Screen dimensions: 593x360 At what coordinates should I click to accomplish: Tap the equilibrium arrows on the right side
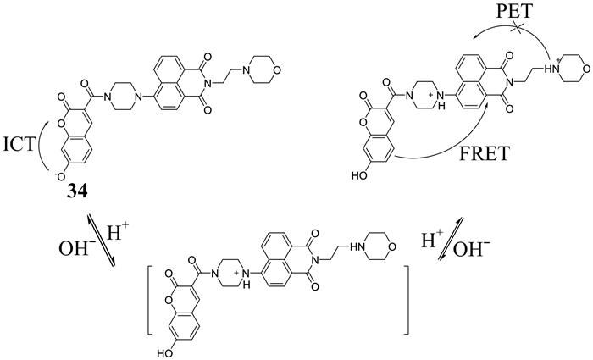tap(463, 241)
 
